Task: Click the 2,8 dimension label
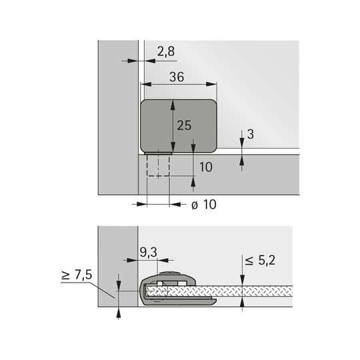(x=166, y=51)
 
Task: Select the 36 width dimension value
(x=177, y=77)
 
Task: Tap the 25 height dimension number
(x=184, y=125)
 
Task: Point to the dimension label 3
(x=251, y=134)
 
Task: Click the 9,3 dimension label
(x=148, y=253)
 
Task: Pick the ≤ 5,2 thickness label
(x=260, y=261)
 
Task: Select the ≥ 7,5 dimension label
(x=77, y=275)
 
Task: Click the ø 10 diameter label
(x=204, y=205)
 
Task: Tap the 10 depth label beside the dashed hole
(x=206, y=167)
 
